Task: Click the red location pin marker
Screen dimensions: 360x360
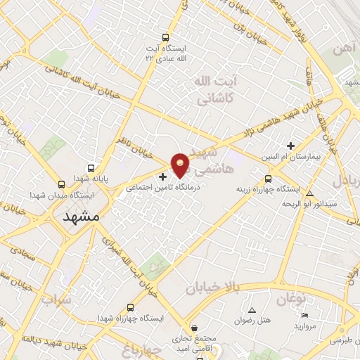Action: pos(181,165)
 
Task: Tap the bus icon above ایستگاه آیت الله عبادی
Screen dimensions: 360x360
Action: pos(165,38)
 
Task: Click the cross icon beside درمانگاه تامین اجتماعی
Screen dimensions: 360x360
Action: pos(163,176)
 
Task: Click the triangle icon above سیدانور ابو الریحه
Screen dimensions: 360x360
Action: pos(310,193)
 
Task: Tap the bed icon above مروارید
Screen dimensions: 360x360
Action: pos(304,315)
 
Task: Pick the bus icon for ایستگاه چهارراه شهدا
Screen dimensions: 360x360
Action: pos(130,307)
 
